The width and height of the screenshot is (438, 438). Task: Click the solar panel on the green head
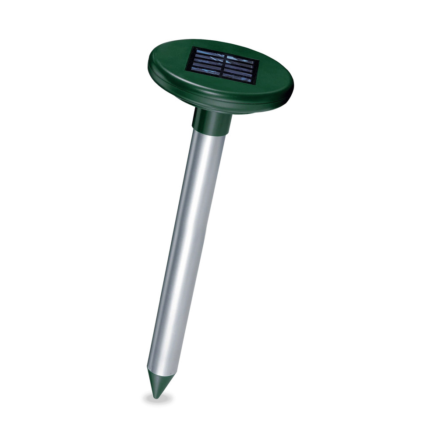[x=222, y=66]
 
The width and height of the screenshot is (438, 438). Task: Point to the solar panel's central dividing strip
[x=222, y=66]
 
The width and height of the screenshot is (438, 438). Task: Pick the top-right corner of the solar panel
[x=258, y=59]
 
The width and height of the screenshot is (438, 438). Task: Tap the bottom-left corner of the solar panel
[x=187, y=71]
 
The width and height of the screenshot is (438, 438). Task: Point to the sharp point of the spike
[x=154, y=397]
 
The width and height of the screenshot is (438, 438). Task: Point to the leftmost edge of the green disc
[x=148, y=66]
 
